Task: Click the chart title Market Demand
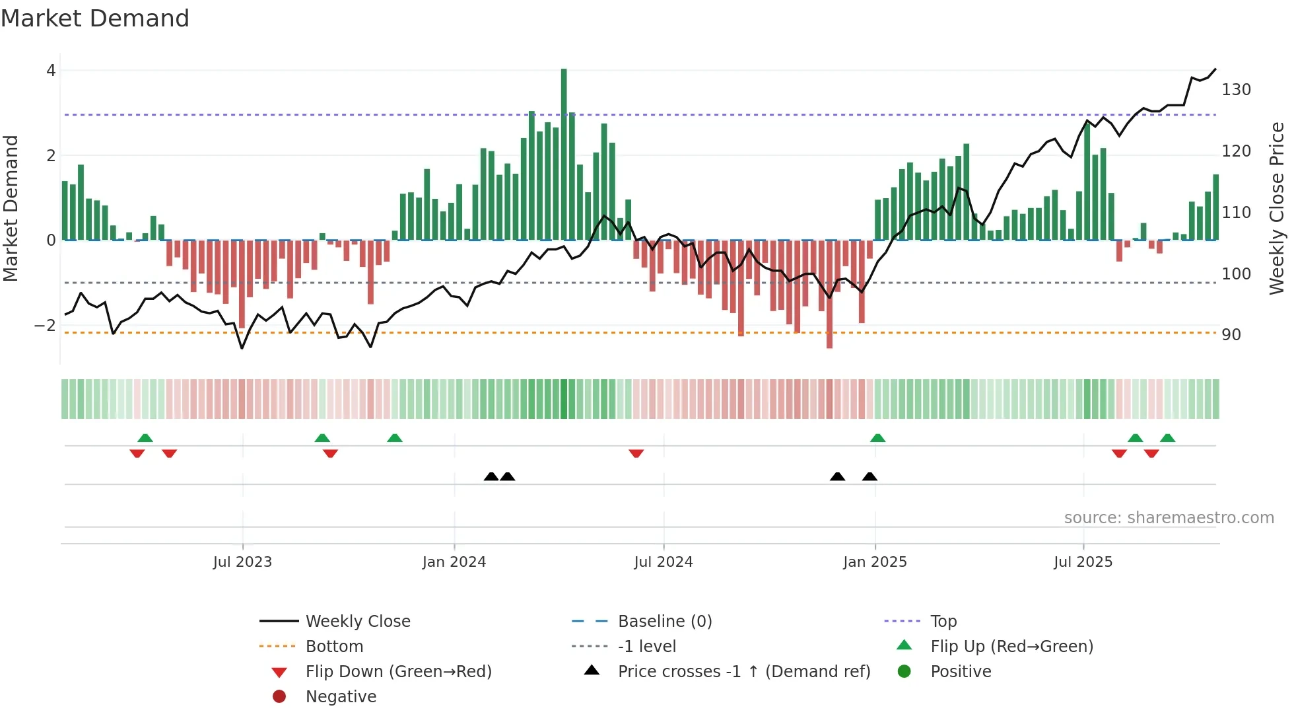click(x=95, y=18)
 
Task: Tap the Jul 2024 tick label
click(x=663, y=562)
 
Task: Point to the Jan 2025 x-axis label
click(x=875, y=562)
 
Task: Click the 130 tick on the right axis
click(x=1236, y=90)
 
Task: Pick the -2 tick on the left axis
click(x=45, y=326)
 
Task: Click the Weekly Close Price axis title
click(x=1277, y=208)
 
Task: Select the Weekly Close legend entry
click(x=357, y=622)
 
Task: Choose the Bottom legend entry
click(x=334, y=647)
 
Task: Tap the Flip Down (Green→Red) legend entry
click(x=398, y=672)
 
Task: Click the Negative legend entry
click(x=341, y=697)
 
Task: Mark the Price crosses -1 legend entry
click(x=743, y=672)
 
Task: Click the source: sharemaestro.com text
click(x=1169, y=518)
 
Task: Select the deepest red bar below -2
click(x=829, y=294)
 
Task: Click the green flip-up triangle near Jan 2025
click(x=877, y=438)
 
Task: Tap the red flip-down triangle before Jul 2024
click(x=636, y=453)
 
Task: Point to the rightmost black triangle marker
click(x=869, y=477)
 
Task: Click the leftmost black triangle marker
click(x=491, y=477)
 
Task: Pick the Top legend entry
click(x=943, y=622)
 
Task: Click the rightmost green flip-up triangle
click(x=1167, y=438)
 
